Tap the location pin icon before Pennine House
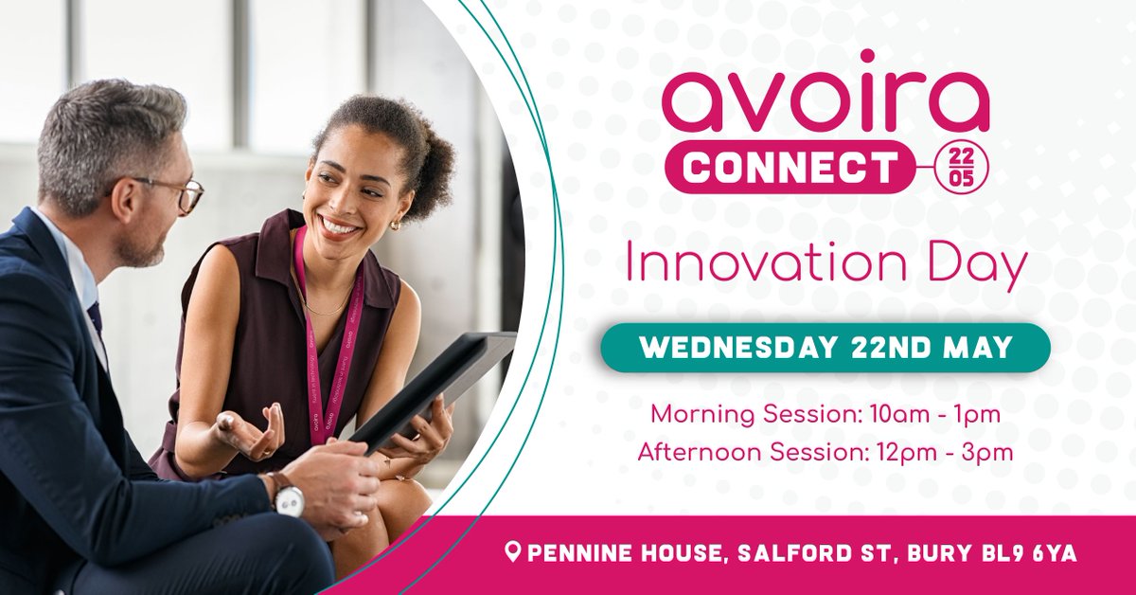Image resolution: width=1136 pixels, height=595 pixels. tap(513, 552)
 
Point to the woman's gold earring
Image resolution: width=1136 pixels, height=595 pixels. tap(395, 225)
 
